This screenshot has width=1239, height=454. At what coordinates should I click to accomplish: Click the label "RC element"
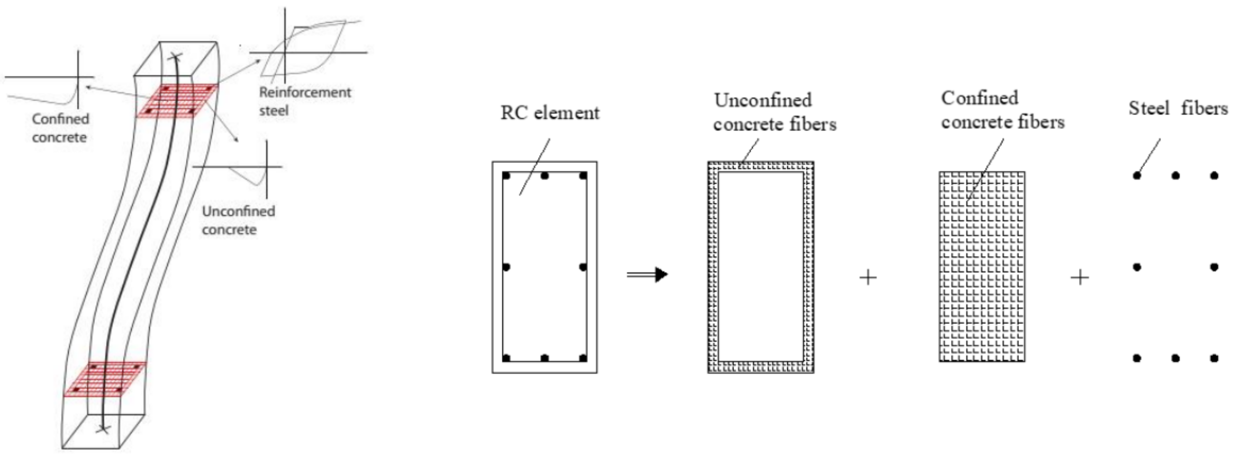pos(550,113)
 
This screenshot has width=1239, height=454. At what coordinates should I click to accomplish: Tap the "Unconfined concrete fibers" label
pos(774,112)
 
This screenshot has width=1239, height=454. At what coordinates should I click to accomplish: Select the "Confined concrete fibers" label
pos(1002,110)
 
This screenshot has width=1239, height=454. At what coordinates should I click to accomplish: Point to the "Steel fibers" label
pos(1178,108)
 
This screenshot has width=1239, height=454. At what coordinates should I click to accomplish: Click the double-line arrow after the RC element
pos(647,275)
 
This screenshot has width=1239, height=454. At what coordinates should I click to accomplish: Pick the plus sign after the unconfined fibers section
pos(868,277)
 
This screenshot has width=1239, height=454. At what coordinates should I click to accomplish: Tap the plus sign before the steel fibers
pos(1080,277)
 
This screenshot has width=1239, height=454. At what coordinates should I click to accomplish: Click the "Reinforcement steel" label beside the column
pos(304,101)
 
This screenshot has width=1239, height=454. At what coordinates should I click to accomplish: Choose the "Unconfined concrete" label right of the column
pos(238,220)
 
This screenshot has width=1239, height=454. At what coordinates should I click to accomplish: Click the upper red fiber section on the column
pos(177,101)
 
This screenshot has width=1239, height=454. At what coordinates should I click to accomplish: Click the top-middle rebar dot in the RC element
pos(545,176)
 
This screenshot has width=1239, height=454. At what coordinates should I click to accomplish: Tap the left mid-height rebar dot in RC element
pos(506,267)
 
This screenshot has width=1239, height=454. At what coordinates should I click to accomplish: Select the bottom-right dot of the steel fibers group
pos(1214,358)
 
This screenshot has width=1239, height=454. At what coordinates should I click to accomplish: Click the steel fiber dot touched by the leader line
pos(1137,175)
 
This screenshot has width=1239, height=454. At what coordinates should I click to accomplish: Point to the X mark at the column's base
pos(102,428)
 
